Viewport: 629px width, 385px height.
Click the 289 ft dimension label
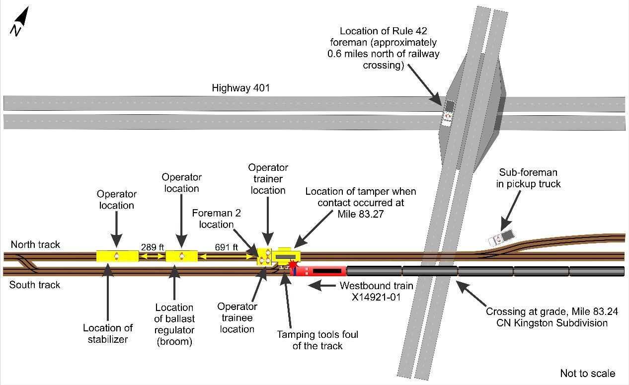(152, 246)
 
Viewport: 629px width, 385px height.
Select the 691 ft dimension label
(226, 246)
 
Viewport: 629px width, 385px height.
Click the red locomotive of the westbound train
(318, 271)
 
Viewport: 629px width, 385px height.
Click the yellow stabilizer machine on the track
(117, 256)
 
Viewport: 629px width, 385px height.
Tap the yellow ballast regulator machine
(181, 256)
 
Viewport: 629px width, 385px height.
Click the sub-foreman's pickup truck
(502, 237)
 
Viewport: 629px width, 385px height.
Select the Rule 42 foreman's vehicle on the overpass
(449, 113)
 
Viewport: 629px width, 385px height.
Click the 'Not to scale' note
(587, 374)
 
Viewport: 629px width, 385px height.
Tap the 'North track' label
(35, 244)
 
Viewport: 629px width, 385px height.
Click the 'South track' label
(34, 285)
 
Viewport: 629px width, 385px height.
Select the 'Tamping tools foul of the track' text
(318, 340)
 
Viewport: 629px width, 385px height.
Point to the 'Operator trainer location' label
(268, 179)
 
